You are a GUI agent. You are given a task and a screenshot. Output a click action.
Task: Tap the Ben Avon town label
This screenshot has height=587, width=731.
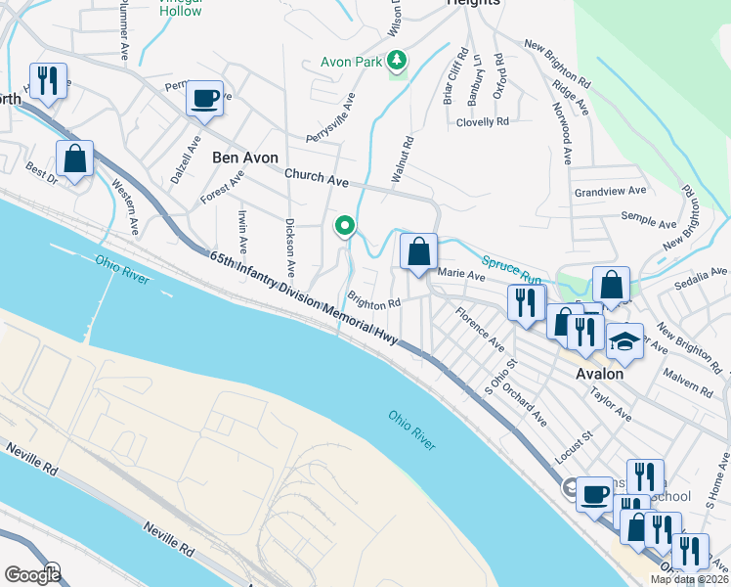coord(245,158)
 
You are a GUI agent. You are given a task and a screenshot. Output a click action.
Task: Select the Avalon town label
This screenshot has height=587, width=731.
coord(600,374)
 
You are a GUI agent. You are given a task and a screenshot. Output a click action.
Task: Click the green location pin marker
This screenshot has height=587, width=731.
coord(344,227)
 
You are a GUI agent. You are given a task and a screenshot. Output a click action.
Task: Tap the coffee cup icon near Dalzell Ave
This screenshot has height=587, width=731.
coord(204,99)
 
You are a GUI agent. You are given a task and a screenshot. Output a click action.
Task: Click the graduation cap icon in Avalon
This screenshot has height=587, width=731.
coord(623,341)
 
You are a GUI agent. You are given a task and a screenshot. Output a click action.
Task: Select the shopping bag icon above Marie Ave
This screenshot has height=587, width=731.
coord(418,252)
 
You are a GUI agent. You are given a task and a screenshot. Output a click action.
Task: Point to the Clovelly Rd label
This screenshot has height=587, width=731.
coord(483,122)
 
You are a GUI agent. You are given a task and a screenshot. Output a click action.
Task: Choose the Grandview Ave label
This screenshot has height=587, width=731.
coord(611,192)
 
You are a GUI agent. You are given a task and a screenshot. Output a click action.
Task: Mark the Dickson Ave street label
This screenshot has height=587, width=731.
coord(289,248)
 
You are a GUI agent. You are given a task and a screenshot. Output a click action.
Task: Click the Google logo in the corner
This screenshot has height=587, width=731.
coord(32,575)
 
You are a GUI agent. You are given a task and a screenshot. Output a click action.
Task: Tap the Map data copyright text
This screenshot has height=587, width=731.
coord(688,579)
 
